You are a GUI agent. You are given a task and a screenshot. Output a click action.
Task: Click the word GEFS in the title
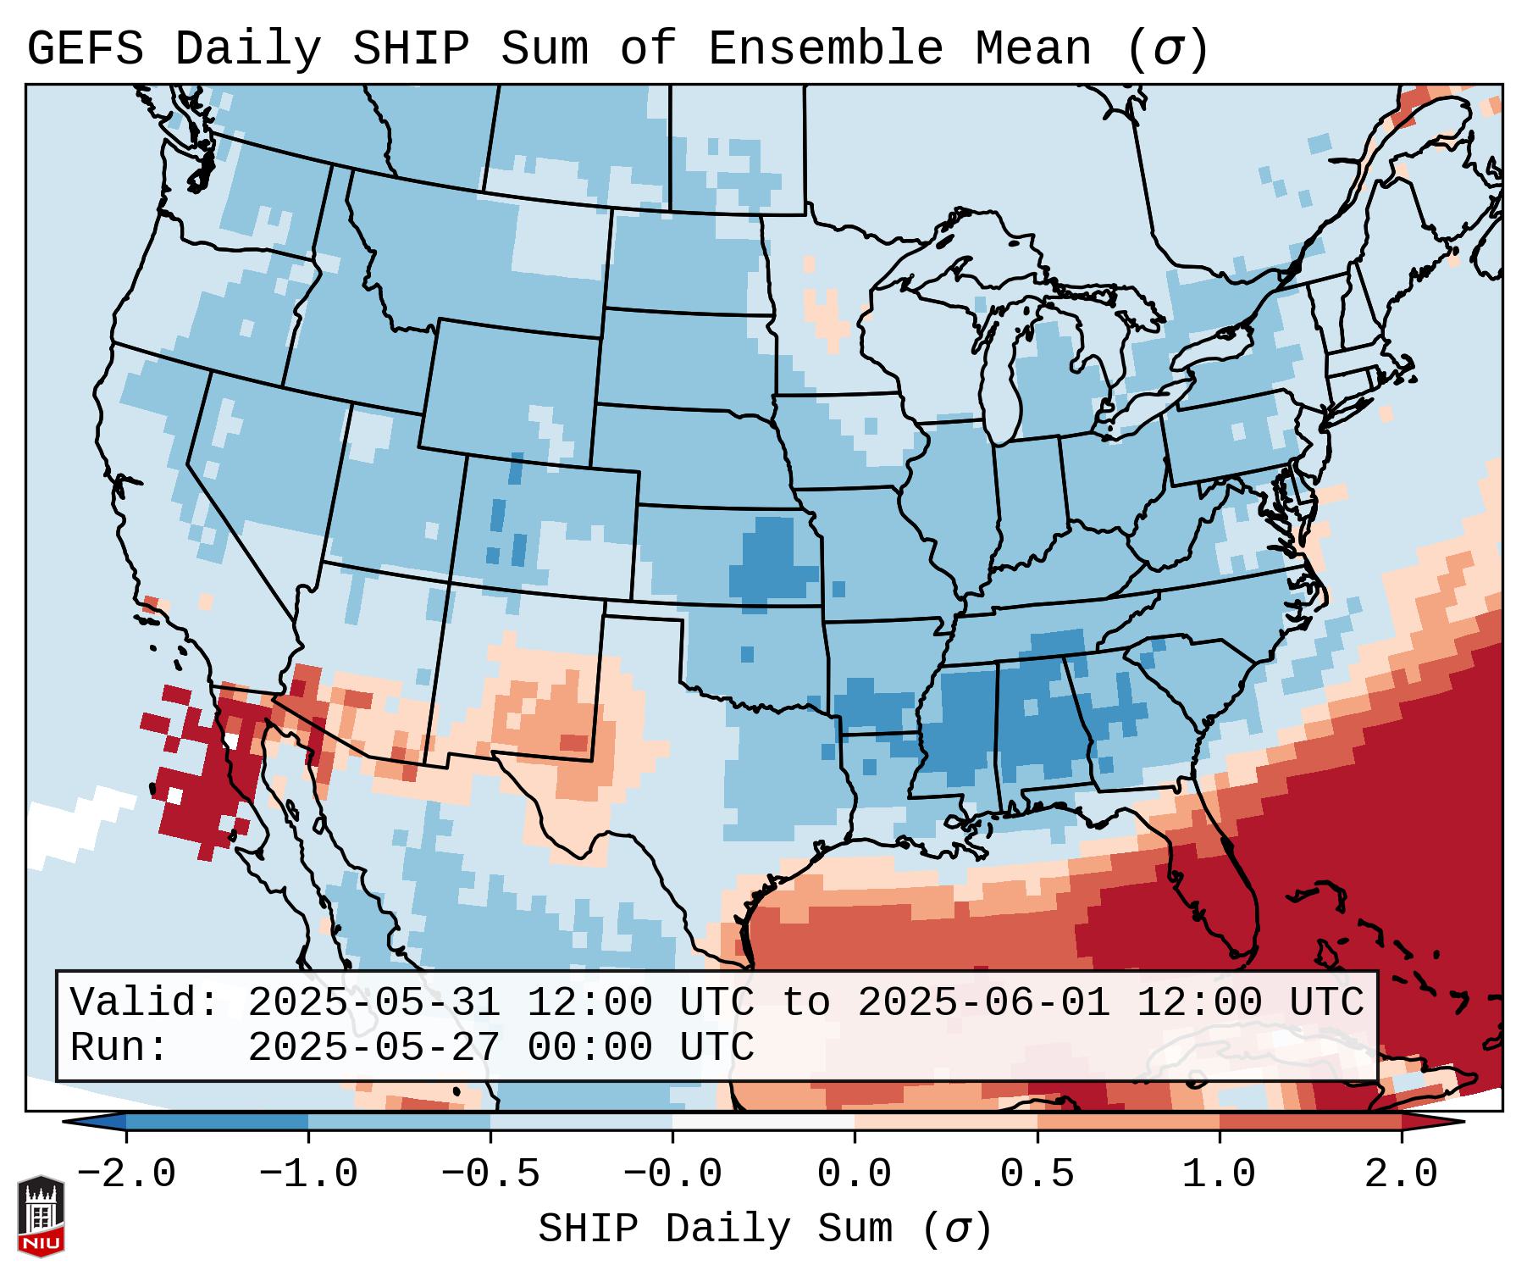click(85, 49)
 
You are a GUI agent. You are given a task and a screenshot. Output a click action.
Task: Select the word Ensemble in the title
click(825, 49)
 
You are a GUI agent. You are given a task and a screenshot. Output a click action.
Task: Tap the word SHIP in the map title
click(410, 49)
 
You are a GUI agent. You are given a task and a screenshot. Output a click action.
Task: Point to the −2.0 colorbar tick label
click(126, 1174)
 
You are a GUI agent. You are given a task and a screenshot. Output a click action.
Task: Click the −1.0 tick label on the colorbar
click(308, 1174)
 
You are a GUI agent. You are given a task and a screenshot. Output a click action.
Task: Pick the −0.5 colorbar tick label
click(490, 1174)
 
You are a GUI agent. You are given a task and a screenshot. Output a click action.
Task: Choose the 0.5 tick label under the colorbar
click(1037, 1174)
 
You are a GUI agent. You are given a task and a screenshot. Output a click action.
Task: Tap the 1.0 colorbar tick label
click(1220, 1174)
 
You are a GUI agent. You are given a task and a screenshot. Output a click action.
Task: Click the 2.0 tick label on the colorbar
click(1402, 1174)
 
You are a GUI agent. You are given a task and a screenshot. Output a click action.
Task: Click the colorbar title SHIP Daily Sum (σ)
click(765, 1229)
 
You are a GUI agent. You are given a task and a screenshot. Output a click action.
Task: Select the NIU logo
click(41, 1215)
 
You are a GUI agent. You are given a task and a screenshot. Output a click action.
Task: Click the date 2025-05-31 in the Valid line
click(373, 1003)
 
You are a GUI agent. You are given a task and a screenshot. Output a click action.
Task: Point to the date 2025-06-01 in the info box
click(983, 1003)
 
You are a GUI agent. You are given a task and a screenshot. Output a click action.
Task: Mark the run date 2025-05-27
click(373, 1048)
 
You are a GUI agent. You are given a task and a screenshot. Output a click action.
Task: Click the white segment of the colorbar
click(763, 1122)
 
